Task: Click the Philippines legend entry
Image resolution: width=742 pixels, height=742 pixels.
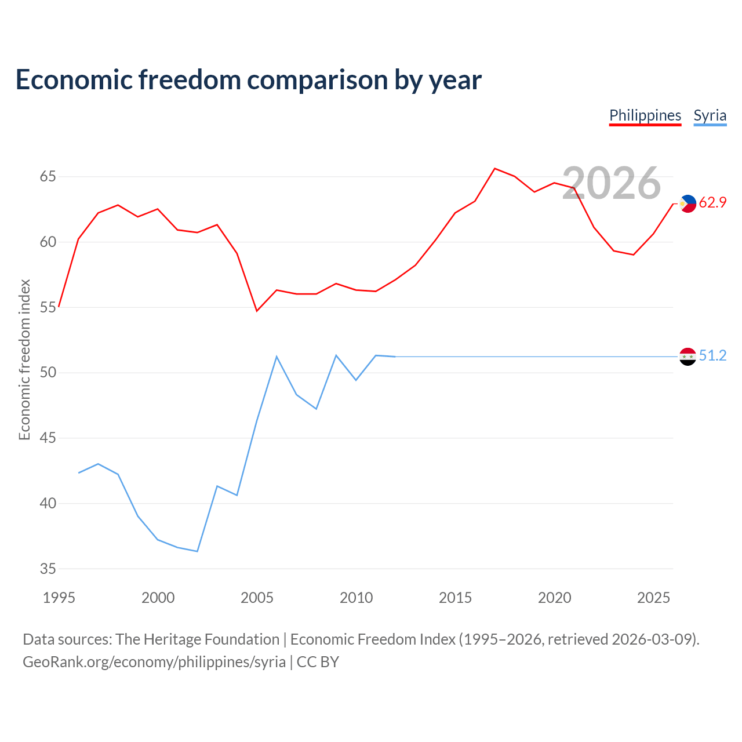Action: click(645, 116)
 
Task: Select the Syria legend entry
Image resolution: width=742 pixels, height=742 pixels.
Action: click(710, 116)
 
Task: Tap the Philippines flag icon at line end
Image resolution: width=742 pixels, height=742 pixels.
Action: click(688, 203)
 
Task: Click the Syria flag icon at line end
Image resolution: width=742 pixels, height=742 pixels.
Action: click(688, 357)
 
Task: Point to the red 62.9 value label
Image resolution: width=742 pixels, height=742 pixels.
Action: click(712, 202)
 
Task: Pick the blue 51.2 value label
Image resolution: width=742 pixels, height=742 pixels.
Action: click(712, 355)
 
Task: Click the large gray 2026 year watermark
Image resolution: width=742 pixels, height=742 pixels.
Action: click(612, 183)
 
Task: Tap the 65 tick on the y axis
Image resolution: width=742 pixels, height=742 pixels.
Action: click(48, 176)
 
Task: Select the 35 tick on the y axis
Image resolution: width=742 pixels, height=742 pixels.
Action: click(48, 568)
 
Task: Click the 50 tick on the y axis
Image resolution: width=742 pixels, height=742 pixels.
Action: click(48, 372)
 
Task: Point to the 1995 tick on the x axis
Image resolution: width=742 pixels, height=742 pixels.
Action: click(59, 598)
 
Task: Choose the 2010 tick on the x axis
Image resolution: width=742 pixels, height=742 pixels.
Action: click(356, 598)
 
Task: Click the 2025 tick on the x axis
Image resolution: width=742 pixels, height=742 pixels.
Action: click(653, 598)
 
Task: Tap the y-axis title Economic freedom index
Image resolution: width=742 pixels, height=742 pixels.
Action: click(25, 359)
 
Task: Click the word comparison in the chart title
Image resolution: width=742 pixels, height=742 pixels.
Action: click(317, 81)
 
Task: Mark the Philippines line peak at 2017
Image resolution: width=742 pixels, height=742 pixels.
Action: click(495, 169)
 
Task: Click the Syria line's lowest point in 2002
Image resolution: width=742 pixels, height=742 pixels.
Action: click(197, 551)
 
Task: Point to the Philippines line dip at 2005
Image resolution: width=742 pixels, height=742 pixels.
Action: click(257, 311)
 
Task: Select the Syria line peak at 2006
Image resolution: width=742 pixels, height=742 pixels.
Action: click(277, 357)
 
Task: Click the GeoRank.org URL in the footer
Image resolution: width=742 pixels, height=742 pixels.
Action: click(154, 662)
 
